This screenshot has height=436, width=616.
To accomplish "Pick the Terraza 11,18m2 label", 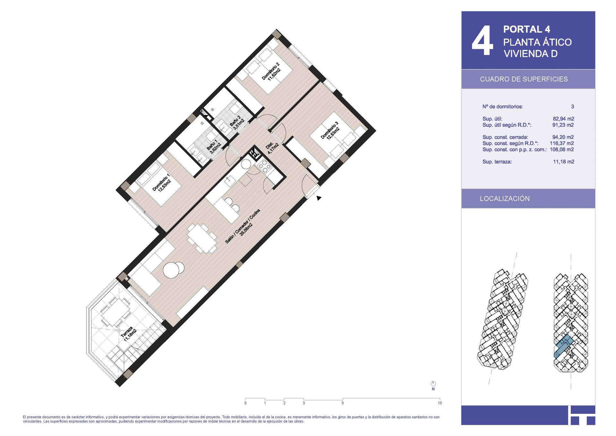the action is pyautogui.click(x=129, y=334).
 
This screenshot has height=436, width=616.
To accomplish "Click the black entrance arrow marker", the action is pyautogui.click(x=319, y=198).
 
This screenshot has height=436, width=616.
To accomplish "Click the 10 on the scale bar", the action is pyautogui.click(x=440, y=403).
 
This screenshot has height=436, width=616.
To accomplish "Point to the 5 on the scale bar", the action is pyautogui.click(x=343, y=403).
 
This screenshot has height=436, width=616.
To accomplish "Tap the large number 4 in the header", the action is pyautogui.click(x=482, y=41).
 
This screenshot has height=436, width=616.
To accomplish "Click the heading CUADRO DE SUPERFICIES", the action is pyautogui.click(x=524, y=79).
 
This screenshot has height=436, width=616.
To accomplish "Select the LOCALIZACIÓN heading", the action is pyautogui.click(x=505, y=199).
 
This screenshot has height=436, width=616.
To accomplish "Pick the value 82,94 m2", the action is pyautogui.click(x=563, y=119).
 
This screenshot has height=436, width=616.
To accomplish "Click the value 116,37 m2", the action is pyautogui.click(x=562, y=143).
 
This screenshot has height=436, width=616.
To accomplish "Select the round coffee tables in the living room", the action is pyautogui.click(x=174, y=270).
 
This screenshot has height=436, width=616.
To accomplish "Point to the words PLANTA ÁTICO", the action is pyautogui.click(x=537, y=42).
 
